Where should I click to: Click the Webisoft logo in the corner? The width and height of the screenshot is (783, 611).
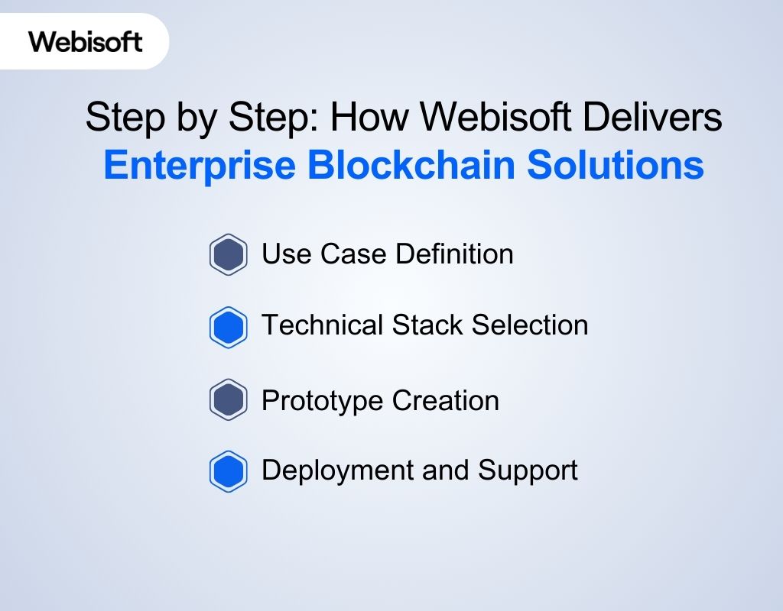(86, 40)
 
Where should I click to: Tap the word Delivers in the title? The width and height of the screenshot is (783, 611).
(662, 118)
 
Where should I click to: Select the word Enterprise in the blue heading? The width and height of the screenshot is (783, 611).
(200, 166)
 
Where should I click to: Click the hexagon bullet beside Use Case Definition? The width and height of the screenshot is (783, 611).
(228, 254)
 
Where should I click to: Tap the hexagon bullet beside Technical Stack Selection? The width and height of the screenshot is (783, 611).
(228, 327)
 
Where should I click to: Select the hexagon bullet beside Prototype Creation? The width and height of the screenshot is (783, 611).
(228, 400)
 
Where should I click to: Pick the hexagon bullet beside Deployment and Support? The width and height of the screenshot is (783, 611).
(228, 472)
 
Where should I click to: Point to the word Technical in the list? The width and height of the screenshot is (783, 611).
(323, 325)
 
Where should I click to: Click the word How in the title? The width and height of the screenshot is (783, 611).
(372, 118)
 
